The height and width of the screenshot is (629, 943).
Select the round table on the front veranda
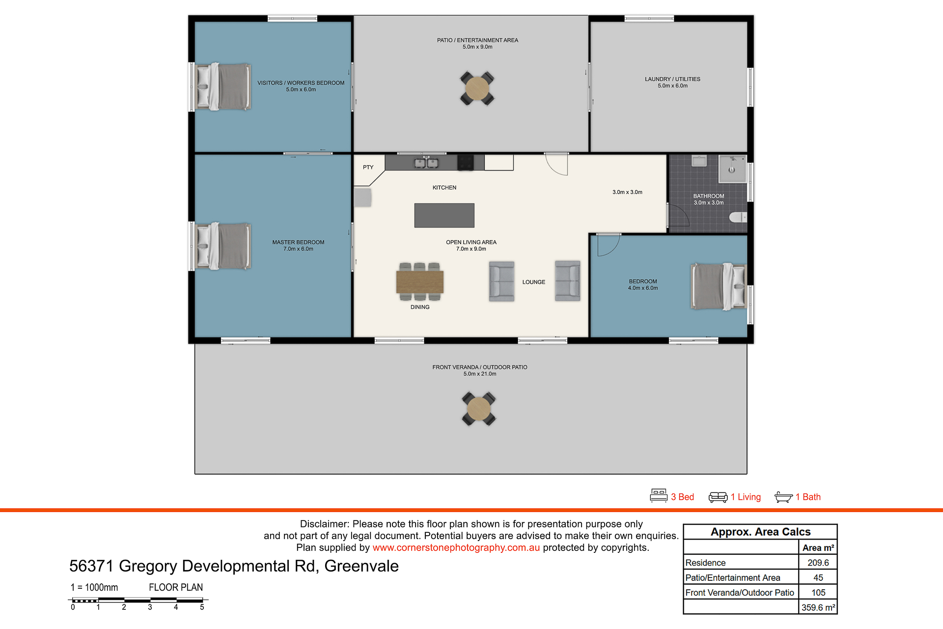pos(479,409)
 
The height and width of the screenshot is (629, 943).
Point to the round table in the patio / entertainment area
pos(477,88)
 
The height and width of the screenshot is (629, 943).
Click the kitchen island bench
pos(444,215)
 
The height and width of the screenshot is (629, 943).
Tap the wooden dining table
pos(420,282)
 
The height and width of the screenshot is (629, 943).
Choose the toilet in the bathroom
pos(738,217)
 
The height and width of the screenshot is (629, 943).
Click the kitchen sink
pos(426,163)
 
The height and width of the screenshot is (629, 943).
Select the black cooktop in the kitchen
pos(466,163)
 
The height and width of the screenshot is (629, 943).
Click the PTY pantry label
pos(368,167)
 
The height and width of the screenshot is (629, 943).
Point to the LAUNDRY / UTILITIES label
pos(672,79)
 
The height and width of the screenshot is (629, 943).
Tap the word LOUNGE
pos(534,282)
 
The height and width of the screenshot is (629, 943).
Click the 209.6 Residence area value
pos(818,563)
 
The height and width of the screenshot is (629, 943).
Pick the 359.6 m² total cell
pos(818,607)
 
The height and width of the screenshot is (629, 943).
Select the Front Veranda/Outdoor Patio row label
pos(740,593)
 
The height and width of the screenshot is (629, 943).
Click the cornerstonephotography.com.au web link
pos(456,547)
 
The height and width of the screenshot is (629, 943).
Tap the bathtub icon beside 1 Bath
pos(783,497)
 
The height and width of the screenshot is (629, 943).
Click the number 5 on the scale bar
pos(202,607)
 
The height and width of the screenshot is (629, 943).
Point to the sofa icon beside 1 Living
pos(718,497)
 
